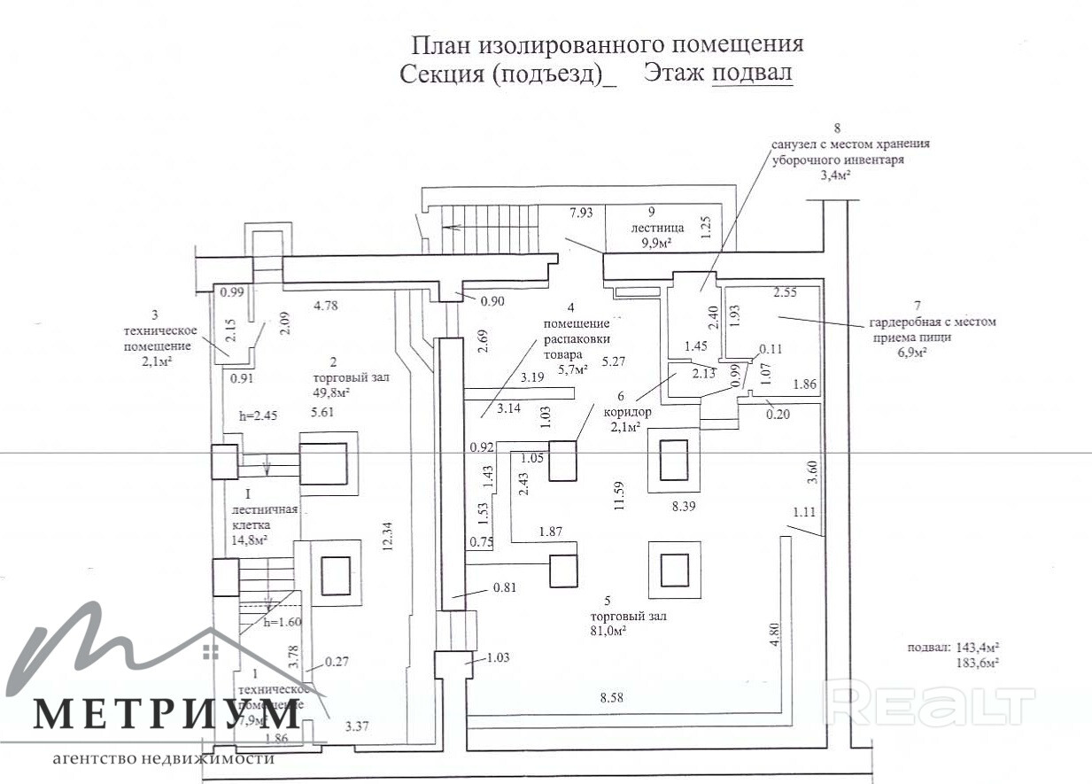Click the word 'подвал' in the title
point(752,74)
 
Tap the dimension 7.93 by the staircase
point(581,212)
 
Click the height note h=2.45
point(259,415)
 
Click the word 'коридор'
point(628,411)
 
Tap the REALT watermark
point(930,706)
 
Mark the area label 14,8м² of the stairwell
point(250,539)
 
